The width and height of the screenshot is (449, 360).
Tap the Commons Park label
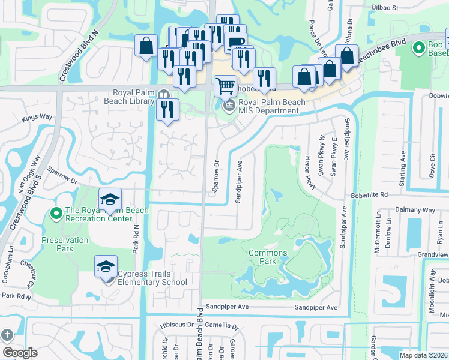click(268, 257)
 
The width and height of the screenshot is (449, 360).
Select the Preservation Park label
click(65, 244)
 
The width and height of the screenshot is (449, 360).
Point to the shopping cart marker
click(225, 85)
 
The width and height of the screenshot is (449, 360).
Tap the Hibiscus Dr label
click(173, 326)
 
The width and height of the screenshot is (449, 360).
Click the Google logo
click(20, 353)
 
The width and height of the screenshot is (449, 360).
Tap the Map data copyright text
click(423, 355)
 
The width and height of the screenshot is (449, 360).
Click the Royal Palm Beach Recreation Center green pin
click(56, 213)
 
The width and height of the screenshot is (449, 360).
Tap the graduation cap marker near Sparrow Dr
click(110, 199)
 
